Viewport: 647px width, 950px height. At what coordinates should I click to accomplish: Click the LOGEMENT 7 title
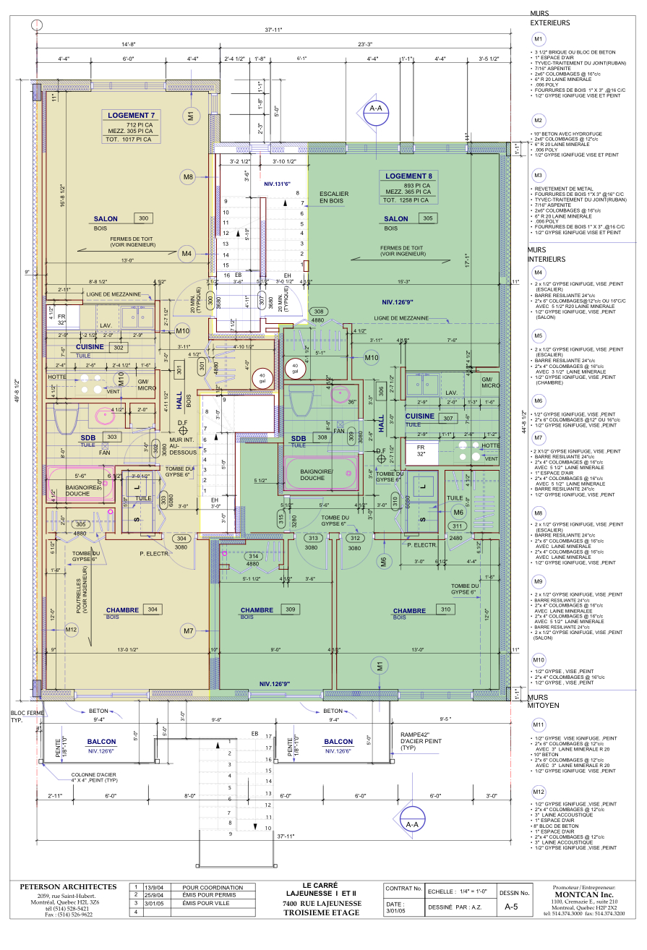(x=131, y=116)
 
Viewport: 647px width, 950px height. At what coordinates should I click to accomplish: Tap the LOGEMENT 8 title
(x=408, y=176)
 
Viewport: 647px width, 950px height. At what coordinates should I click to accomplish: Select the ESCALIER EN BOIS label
(x=334, y=197)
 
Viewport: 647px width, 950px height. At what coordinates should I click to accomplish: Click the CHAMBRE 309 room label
(x=258, y=610)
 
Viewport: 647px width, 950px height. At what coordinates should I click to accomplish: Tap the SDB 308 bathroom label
(x=299, y=438)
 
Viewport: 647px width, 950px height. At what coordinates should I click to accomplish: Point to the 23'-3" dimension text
(x=364, y=44)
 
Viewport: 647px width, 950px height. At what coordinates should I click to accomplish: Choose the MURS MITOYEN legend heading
(x=547, y=701)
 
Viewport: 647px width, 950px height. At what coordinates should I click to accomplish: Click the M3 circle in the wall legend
(x=538, y=176)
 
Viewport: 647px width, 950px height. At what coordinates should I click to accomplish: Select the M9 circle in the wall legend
(x=538, y=581)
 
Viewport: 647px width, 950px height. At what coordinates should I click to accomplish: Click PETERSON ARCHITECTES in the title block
(x=68, y=887)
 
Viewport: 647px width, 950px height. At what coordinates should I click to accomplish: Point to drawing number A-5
(x=510, y=907)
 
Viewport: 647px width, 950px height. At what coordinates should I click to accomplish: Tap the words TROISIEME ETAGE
(x=322, y=912)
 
